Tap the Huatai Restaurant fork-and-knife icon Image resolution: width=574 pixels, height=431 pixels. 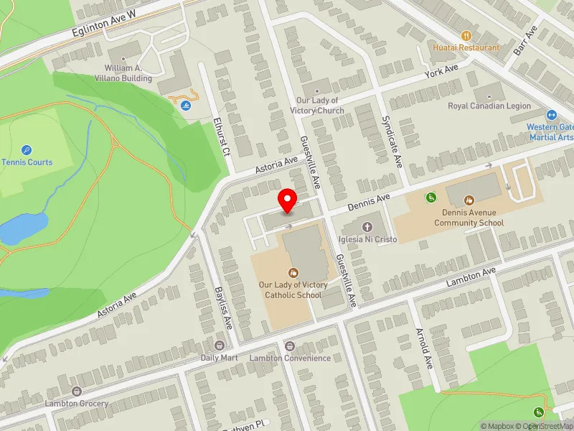(466, 35)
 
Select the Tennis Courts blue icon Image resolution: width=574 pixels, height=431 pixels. (27, 150)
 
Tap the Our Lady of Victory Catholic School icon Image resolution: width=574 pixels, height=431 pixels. (293, 272)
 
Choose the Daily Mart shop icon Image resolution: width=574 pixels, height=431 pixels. (220, 346)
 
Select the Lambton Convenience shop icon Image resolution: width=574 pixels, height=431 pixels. (290, 346)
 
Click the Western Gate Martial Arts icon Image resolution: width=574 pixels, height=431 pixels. (552, 115)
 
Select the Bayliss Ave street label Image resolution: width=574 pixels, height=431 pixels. (224, 307)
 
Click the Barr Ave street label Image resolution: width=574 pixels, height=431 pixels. (525, 42)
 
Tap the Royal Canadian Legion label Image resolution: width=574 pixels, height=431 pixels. (489, 106)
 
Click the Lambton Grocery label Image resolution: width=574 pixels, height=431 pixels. (76, 404)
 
